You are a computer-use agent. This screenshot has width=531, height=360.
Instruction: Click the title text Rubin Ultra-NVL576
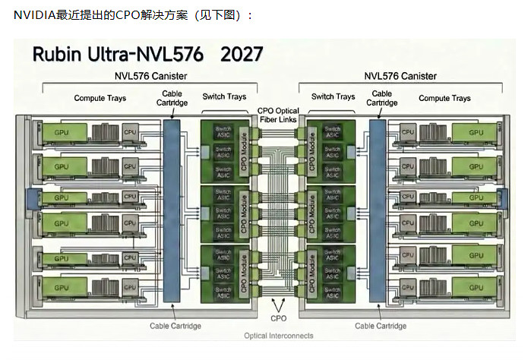point(119,55)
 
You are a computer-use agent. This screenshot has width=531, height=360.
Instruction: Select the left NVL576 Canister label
point(150,76)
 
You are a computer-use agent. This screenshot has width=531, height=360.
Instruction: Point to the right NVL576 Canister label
point(400,76)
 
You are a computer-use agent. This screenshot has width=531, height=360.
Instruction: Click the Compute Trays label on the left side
point(100,98)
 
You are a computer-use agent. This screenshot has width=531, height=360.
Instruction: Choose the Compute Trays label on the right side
point(444,98)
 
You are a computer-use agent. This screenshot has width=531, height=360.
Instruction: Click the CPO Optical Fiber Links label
point(279,114)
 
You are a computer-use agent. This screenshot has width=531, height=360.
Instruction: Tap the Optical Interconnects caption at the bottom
point(278,336)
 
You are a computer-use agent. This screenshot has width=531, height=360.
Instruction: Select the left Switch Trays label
point(224,96)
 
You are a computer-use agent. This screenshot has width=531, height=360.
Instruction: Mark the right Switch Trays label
point(333,96)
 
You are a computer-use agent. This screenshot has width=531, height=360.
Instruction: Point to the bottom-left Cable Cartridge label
point(175,326)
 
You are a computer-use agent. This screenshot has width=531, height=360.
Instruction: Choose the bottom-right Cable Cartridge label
point(381,326)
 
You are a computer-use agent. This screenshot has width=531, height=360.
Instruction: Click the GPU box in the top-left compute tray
point(62,132)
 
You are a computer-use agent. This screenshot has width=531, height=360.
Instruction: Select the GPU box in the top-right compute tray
point(476,132)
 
